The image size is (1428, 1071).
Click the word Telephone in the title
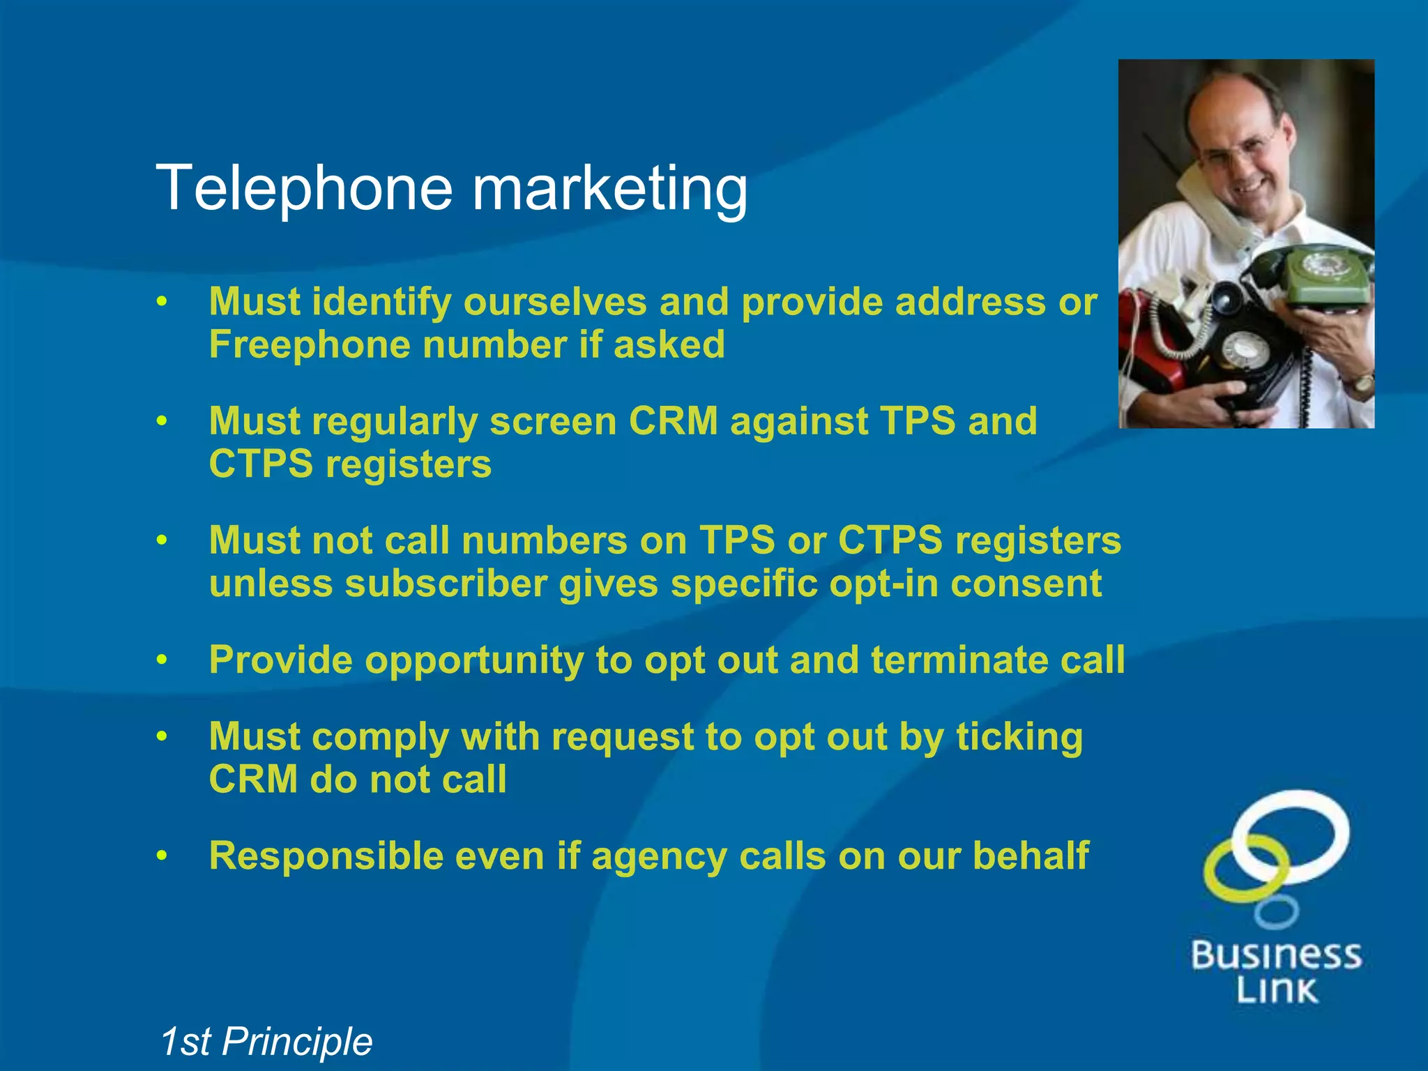305,188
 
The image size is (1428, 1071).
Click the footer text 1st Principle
266,1042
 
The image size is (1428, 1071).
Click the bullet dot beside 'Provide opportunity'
162,660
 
